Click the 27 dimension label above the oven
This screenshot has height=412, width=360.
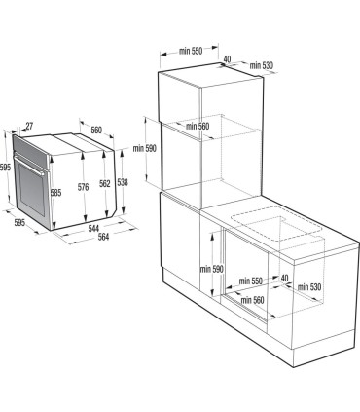[x=28, y=126]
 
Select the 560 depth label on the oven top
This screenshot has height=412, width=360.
[x=96, y=131]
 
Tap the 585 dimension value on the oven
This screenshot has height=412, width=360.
[x=56, y=193]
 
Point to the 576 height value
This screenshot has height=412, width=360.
[x=84, y=187]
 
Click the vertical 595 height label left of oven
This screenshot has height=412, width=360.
[x=6, y=168]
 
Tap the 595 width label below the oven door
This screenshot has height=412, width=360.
[x=20, y=223]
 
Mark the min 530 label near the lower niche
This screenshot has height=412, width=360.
[x=309, y=286]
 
